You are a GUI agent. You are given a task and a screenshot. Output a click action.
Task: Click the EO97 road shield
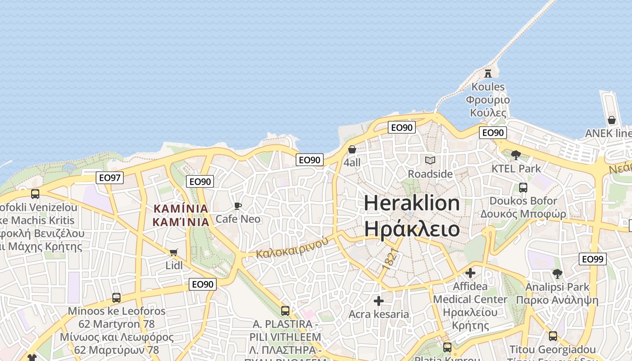(x=110, y=178)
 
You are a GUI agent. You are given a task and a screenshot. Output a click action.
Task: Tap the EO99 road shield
(x=592, y=259)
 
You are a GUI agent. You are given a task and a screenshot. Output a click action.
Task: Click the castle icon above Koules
(x=488, y=73)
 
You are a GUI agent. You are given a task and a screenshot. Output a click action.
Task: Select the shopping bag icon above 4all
(x=352, y=149)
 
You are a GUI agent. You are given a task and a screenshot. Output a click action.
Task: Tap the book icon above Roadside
(x=430, y=160)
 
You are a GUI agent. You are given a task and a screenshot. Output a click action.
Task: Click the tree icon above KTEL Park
(x=516, y=155)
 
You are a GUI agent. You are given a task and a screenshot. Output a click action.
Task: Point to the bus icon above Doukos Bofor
(x=523, y=187)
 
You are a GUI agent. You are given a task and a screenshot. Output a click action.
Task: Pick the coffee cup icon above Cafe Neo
(x=238, y=206)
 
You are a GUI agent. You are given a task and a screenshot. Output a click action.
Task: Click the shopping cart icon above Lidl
(x=174, y=252)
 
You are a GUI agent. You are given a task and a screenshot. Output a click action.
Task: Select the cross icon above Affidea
(x=470, y=273)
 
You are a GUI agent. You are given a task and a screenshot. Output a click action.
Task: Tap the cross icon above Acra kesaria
(x=379, y=301)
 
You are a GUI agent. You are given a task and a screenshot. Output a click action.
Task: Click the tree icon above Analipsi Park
(x=558, y=273)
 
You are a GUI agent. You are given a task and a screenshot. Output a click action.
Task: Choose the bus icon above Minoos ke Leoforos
(x=116, y=298)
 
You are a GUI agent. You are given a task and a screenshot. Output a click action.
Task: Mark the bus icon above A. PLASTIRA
(x=285, y=310)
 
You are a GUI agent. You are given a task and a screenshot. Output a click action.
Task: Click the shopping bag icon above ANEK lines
(x=612, y=120)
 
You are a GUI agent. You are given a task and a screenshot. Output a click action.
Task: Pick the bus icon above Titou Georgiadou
(x=553, y=336)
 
